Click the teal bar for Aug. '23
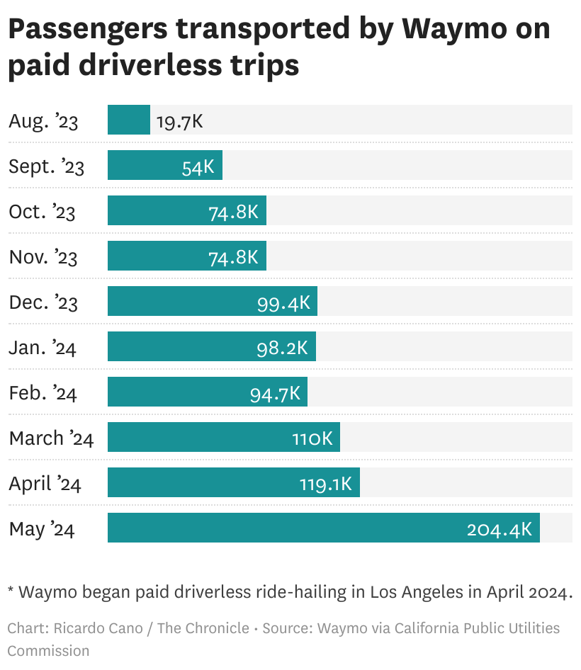point(128,120)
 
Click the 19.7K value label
point(179,121)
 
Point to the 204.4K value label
point(499,529)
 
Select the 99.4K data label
point(283,302)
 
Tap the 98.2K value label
point(282,348)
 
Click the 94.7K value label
point(275,393)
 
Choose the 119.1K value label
point(325,484)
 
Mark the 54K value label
point(198,166)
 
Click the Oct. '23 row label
point(42,211)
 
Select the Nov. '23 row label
point(43,256)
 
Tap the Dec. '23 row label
point(43,302)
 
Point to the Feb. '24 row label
point(43,392)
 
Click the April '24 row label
point(45,484)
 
